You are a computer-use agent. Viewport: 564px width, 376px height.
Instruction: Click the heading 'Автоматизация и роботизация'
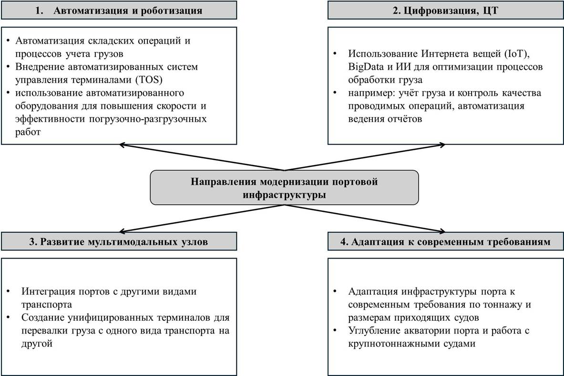128,10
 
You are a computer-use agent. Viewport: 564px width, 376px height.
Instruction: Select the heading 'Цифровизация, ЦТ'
445,10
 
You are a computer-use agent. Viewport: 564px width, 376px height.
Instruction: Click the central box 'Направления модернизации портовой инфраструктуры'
284,188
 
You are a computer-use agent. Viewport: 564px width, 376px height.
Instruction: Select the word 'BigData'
366,67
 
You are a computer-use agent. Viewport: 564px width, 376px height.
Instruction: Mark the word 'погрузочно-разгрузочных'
148,119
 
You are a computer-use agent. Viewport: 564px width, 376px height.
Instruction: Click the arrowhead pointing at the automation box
123,145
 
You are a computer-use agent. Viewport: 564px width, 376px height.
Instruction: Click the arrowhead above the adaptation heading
446,231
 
